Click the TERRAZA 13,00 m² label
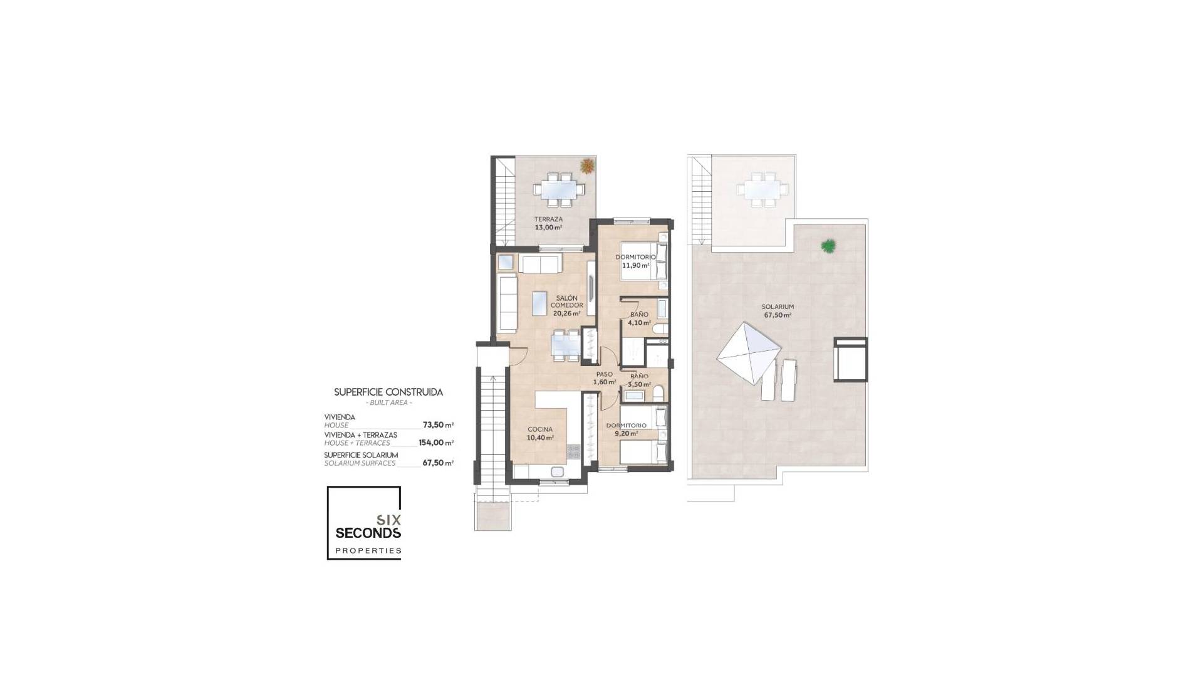548,223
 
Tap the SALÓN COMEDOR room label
566,305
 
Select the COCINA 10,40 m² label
539,433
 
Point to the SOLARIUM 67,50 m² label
778,311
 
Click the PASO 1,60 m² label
604,378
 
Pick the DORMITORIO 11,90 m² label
635,261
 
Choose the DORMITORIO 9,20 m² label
625,429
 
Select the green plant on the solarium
828,246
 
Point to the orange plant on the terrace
587,166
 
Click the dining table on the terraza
560,188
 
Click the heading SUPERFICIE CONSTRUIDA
388,392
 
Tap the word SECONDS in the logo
368,533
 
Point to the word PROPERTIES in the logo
368,551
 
